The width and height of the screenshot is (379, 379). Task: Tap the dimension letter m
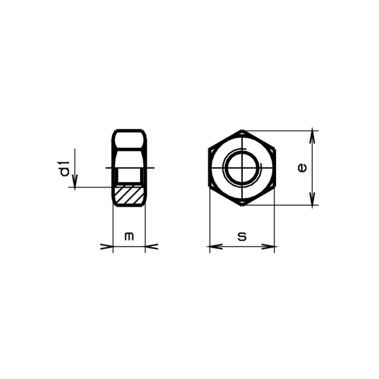(129, 236)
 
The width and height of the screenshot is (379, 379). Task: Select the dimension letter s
(242, 236)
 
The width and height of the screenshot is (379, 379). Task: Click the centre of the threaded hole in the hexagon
(242, 168)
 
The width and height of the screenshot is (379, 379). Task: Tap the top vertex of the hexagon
(242, 130)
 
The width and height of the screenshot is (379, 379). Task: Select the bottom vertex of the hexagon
(242, 205)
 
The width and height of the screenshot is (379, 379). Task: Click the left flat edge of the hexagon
(209, 168)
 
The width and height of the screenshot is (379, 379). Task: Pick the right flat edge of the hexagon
(274, 168)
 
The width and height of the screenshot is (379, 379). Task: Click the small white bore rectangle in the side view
(129, 176)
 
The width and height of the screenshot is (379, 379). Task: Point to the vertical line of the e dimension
(313, 168)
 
